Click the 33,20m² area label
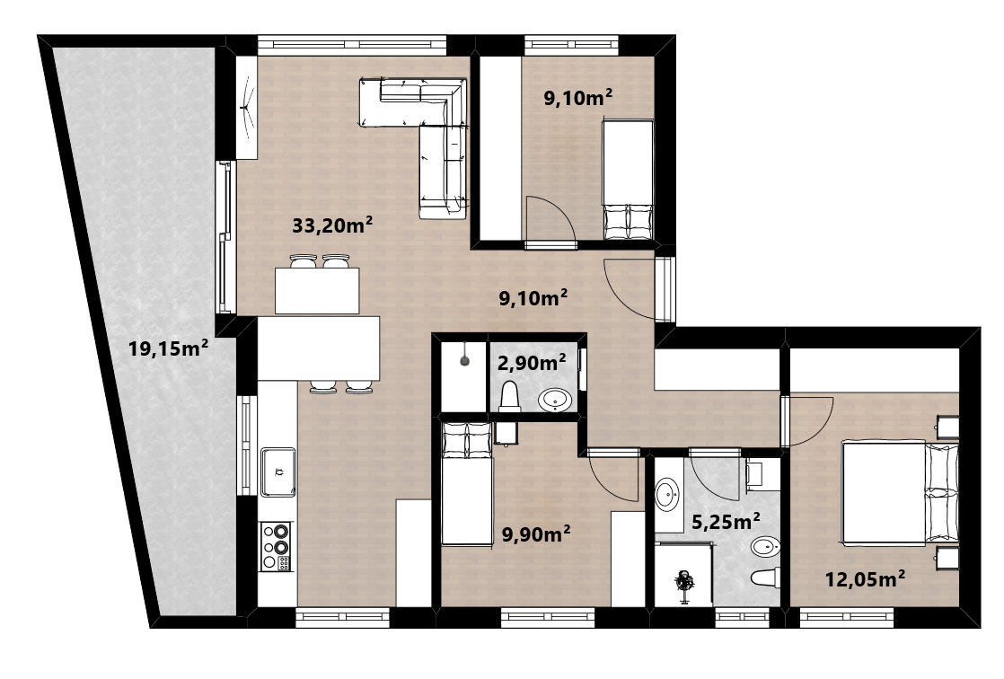[x=332, y=225]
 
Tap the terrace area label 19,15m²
[x=168, y=348]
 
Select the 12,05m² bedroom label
[x=865, y=579]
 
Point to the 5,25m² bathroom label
[x=727, y=522]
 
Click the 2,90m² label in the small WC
[x=532, y=363]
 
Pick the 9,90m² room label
[x=536, y=533]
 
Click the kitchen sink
[x=277, y=472]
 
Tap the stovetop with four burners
[x=276, y=546]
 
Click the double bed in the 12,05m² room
[x=900, y=492]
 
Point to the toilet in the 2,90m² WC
[x=509, y=396]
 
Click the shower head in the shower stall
[x=465, y=361]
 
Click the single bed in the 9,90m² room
[x=467, y=484]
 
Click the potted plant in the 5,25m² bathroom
[x=684, y=584]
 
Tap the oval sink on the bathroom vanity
[x=666, y=495]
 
